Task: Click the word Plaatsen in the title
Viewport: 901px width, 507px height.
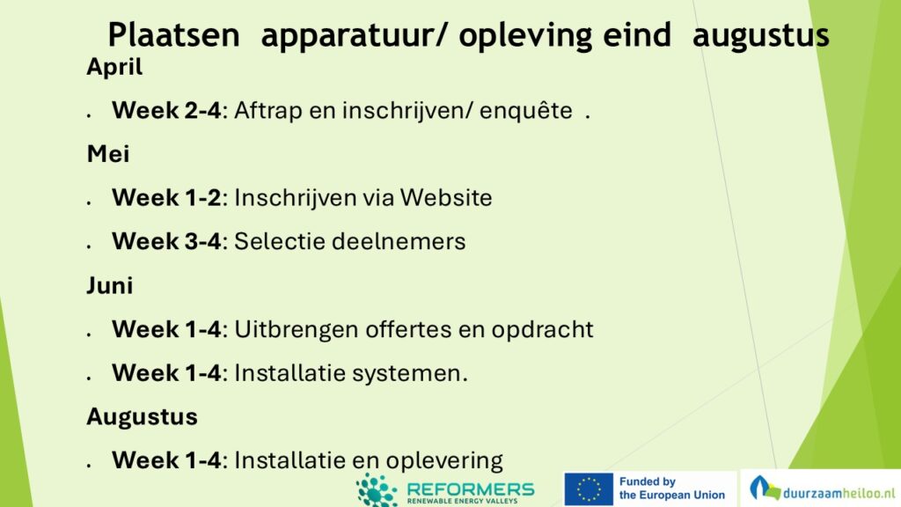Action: point(173,34)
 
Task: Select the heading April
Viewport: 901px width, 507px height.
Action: point(114,68)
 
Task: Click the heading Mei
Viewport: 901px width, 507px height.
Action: point(108,154)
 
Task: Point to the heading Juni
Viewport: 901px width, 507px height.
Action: point(110,285)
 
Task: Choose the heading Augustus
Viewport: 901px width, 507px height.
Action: point(142,416)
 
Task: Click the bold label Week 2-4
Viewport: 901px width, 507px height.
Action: point(166,110)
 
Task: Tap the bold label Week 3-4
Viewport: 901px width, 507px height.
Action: point(166,241)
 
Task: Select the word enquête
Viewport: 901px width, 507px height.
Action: point(526,111)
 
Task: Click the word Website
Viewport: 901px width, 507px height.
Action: point(446,198)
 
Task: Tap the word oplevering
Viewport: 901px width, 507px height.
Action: point(444,461)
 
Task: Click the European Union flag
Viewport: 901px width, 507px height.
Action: point(589,489)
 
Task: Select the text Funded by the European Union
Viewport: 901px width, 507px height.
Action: point(671,489)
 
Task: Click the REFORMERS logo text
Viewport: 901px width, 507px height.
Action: point(471,489)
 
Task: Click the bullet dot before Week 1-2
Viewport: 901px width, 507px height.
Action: point(89,202)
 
